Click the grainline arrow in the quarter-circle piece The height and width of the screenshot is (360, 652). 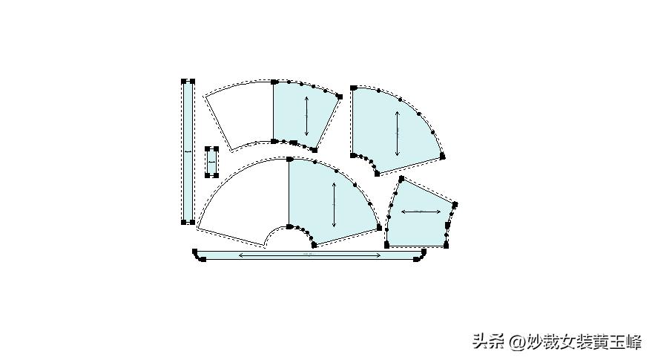pos(398,134)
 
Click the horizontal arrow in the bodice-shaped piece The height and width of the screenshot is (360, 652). pos(421,212)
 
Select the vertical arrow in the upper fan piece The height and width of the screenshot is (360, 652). pos(306,114)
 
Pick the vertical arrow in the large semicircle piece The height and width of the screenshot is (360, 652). pos(335,204)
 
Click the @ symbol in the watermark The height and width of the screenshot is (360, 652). pos(517,342)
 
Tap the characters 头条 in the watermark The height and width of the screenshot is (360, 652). pos(487,342)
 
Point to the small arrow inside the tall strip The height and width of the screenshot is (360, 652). pos(188,151)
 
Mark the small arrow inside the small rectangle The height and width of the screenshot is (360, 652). pos(212,161)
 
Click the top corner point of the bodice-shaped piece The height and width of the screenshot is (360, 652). pos(401,179)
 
